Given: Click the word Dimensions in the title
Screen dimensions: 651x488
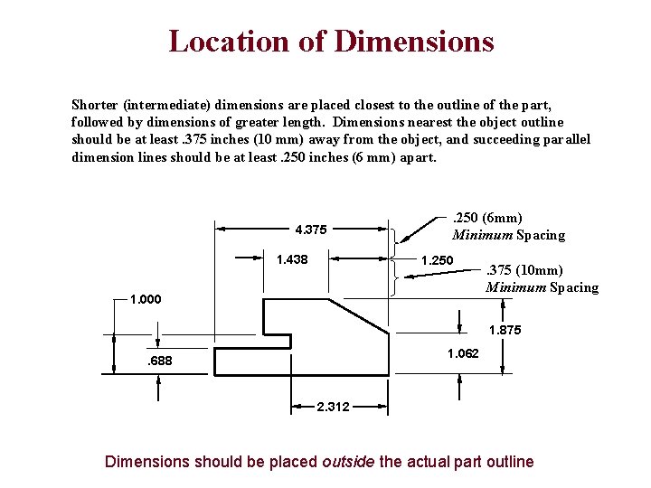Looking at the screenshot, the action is point(414,42).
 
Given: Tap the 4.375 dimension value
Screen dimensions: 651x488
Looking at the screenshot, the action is point(310,229).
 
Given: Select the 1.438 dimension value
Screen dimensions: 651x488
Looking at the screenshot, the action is point(292,260).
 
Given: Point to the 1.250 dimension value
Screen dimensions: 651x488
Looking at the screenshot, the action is point(438,260).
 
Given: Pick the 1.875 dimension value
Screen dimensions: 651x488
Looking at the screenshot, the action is point(505,331).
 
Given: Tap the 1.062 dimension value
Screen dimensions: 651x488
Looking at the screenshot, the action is point(462,353).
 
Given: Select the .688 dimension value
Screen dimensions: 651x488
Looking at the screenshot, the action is point(159,362).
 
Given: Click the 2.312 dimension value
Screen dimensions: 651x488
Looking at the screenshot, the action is point(334,407).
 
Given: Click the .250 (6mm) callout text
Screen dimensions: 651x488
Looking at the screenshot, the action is point(486,218).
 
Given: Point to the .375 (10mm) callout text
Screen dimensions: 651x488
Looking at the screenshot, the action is point(524,270).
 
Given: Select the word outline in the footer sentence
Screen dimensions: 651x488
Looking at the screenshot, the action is point(509,462).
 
